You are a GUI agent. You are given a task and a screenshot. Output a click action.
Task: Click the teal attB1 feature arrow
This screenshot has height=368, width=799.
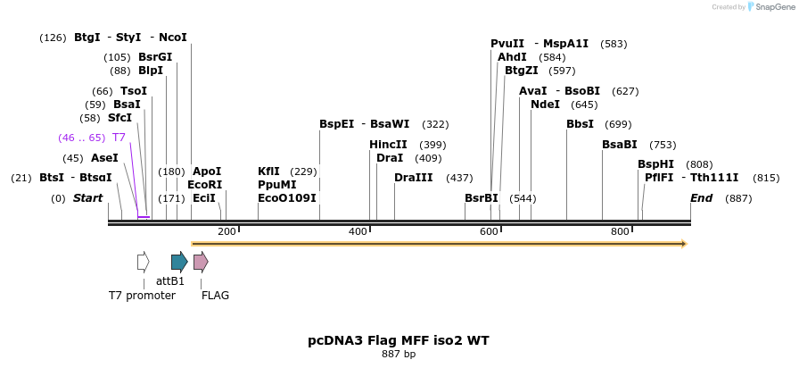click(179, 262)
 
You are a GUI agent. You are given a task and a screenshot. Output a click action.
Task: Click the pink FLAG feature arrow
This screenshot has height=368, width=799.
click(201, 262)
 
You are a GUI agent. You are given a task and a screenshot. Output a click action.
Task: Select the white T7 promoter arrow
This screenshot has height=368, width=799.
click(143, 262)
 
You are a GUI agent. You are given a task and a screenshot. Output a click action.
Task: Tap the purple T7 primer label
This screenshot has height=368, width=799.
click(119, 138)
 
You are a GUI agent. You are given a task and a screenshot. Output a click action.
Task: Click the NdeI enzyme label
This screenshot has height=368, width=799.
click(545, 105)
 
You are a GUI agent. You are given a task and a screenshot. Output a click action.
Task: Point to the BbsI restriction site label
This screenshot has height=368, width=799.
click(580, 124)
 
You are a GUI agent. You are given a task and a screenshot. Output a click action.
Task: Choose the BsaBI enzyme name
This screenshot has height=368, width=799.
click(620, 145)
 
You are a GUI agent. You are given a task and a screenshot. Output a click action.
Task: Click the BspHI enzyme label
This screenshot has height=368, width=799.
click(655, 164)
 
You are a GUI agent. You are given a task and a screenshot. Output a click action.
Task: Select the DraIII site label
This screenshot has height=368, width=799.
click(413, 178)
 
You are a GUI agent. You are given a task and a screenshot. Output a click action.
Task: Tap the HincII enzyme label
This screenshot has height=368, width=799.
click(388, 145)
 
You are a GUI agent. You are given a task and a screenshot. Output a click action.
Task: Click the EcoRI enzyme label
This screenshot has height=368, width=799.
click(204, 185)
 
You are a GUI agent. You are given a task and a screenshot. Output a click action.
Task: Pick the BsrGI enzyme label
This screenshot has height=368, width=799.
click(155, 57)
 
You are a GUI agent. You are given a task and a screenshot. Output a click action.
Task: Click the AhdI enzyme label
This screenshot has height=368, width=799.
click(512, 57)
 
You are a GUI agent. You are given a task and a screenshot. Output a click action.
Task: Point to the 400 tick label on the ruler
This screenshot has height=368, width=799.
click(358, 232)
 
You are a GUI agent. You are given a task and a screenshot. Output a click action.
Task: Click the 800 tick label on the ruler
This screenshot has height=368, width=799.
click(620, 232)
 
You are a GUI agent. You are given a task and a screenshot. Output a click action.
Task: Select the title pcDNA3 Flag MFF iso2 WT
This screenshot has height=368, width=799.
click(399, 340)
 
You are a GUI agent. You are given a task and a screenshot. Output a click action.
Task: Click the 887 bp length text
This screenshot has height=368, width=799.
click(399, 355)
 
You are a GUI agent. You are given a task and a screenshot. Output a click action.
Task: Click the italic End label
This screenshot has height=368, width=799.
click(701, 198)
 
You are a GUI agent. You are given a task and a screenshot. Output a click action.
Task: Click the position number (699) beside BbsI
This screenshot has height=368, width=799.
click(618, 124)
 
